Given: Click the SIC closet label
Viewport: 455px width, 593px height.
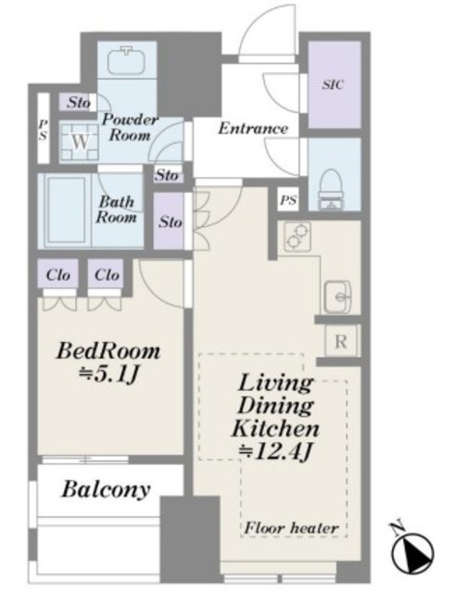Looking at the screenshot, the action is [334, 84].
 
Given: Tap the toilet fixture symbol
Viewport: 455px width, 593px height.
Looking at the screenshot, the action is [331, 189].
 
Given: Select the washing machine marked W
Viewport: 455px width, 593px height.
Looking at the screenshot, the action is [80, 142].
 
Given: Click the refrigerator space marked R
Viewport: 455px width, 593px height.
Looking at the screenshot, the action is [341, 342].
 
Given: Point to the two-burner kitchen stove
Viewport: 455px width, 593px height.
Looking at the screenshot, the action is [297, 236].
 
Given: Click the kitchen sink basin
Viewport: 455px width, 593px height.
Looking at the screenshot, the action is [337, 296].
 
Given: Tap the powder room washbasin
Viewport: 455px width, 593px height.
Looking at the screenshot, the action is [127, 60].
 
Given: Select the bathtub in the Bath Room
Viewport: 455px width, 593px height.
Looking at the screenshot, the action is [66, 210].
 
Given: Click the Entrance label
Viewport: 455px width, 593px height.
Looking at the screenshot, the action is [253, 129].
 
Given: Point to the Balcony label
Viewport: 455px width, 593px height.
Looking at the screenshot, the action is [107, 489].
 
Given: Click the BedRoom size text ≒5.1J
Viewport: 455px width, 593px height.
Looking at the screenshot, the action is [107, 375].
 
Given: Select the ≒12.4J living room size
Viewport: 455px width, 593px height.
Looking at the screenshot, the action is [276, 451].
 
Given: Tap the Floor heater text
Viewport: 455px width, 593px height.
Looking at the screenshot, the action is [291, 528].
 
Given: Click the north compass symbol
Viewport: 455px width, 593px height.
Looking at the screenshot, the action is [411, 552].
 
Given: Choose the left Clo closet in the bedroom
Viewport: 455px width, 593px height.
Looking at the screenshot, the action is [57, 274].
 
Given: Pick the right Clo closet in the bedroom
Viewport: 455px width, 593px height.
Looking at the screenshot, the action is [107, 274].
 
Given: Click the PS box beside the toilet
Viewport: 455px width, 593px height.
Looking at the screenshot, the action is [288, 199].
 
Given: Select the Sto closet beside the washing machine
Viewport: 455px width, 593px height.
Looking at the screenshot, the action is [78, 102].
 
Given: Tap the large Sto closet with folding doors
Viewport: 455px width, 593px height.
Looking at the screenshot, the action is [170, 221].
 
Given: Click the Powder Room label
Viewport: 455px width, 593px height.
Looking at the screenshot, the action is [130, 127].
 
